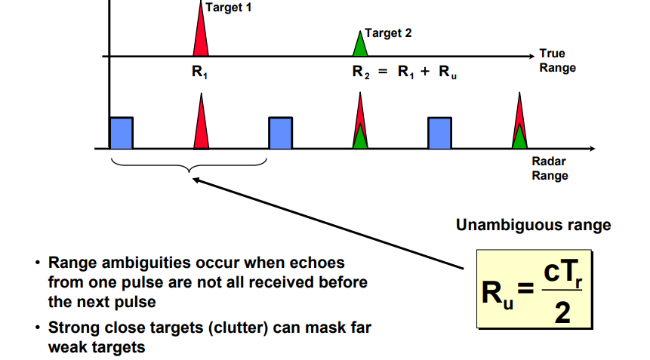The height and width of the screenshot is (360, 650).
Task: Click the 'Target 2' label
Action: [388, 33]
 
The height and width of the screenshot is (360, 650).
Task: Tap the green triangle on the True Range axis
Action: [360, 45]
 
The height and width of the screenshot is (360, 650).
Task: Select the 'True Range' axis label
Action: [557, 60]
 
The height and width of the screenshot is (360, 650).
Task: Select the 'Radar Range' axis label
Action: [550, 168]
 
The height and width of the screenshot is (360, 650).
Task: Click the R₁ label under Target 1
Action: [199, 74]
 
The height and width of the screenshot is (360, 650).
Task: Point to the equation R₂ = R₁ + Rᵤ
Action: [405, 74]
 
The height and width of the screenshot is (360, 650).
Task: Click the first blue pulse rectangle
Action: [122, 133]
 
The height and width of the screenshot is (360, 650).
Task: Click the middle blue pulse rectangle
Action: [280, 133]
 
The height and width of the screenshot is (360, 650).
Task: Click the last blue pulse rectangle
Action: [439, 133]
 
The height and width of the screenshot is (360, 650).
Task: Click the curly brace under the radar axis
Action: [189, 165]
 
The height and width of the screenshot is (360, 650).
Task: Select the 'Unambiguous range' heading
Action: [533, 225]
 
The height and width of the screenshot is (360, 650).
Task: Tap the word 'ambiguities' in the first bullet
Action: [132, 263]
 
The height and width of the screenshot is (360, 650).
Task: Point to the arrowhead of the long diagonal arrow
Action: [195, 180]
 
